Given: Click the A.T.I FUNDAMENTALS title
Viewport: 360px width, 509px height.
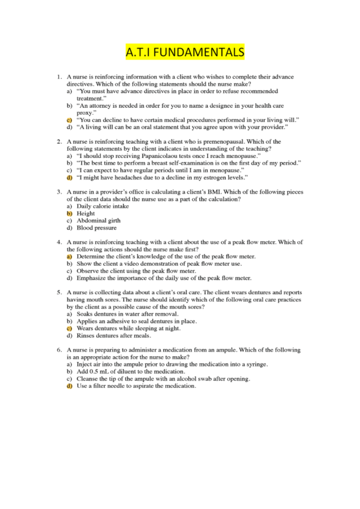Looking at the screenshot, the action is (179, 51).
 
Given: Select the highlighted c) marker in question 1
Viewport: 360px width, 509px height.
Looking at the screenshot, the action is (69, 120).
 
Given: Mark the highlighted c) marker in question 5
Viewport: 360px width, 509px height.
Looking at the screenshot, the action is (69, 328).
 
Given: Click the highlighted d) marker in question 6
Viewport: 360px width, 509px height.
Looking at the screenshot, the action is (69, 386).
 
